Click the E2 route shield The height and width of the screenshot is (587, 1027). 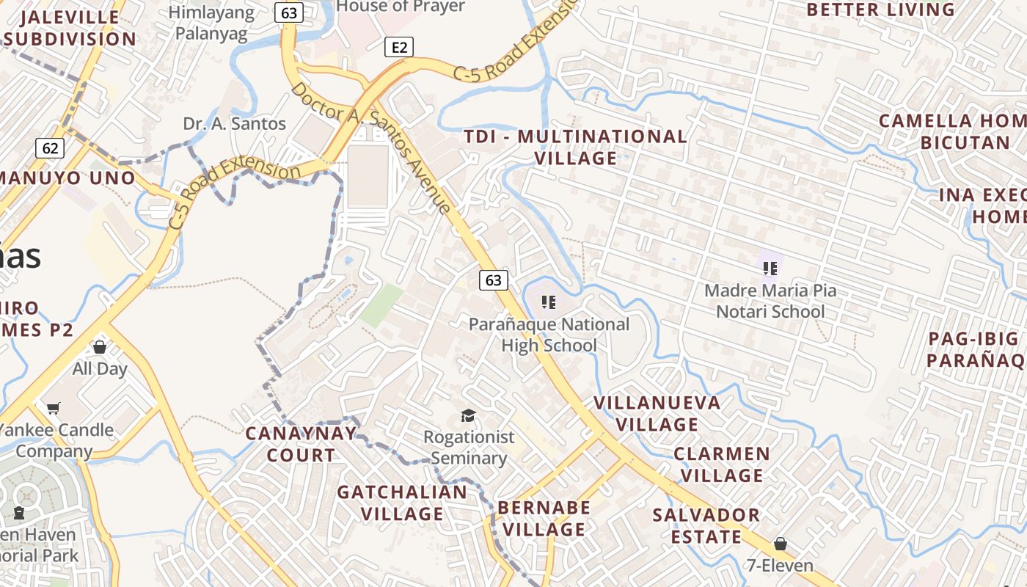pos(398,48)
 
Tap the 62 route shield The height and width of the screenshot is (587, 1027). pos(50,148)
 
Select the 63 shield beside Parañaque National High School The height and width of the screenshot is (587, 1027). pos(494,280)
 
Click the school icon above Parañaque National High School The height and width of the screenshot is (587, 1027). pos(549,302)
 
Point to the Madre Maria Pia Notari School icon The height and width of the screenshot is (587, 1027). pos(770,268)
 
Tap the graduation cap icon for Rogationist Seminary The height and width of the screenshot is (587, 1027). pos(468,417)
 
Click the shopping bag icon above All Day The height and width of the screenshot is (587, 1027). pos(100,347)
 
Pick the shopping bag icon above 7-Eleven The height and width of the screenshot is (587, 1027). pos(781,544)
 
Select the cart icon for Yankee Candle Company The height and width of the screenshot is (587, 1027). pos(54,408)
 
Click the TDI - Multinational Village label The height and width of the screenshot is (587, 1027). pos(576,147)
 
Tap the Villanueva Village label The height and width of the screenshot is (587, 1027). pos(657,413)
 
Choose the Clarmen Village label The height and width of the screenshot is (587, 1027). pos(722,464)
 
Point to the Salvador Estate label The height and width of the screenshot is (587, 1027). pos(706,525)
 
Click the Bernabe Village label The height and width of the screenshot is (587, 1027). pos(544,518)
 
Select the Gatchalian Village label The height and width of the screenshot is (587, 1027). pos(402,503)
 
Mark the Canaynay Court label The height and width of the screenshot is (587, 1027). pos(301,444)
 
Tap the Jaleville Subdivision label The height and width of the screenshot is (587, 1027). pos(70,28)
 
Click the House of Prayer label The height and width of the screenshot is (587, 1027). pos(401,7)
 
